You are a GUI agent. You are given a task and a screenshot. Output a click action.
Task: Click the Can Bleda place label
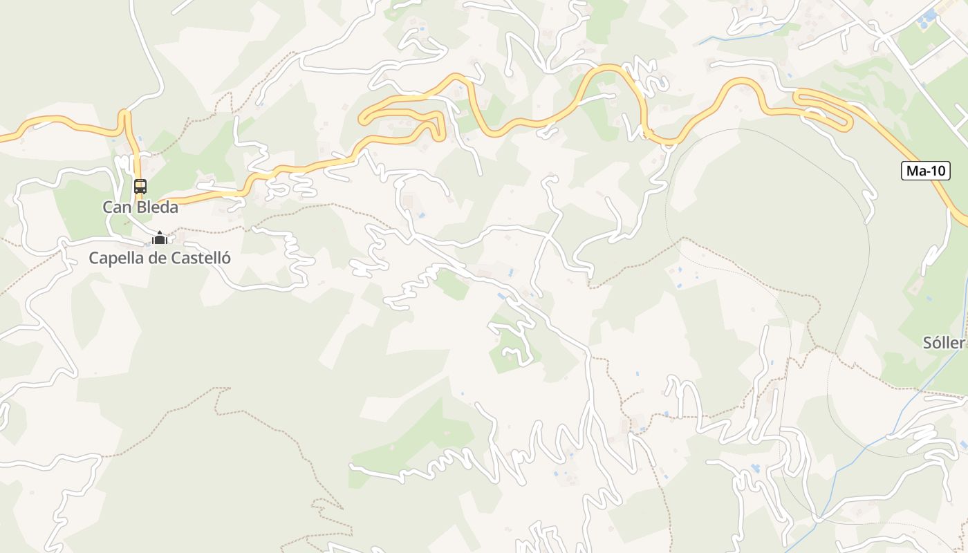point(140,207)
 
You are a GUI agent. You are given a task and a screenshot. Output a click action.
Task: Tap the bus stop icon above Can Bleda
point(140,186)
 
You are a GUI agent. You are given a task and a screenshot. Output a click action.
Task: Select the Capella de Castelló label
point(160,259)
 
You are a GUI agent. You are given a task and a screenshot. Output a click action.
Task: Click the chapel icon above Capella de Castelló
point(160,238)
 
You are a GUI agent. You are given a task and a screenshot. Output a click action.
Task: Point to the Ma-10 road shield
point(926,171)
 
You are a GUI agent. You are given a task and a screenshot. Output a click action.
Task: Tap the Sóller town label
point(943,343)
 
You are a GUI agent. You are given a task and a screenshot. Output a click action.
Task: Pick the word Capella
point(113,259)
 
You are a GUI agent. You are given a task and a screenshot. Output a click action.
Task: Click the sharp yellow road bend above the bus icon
point(125,113)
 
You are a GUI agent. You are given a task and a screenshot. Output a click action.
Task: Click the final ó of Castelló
point(225,259)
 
